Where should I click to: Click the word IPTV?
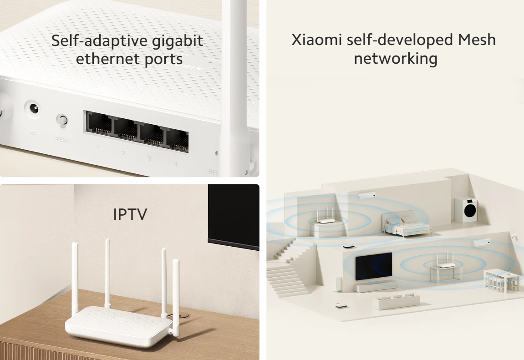(x=130, y=214)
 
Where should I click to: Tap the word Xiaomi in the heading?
(x=316, y=40)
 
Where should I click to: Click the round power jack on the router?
(x=32, y=109)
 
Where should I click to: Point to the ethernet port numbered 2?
(x=126, y=130)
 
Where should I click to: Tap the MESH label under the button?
(x=62, y=140)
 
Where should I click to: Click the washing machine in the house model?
(x=466, y=210)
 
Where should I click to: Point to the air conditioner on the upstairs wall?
(x=367, y=195)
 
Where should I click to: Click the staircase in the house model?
(x=287, y=267)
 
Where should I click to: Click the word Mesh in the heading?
(x=477, y=40)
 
